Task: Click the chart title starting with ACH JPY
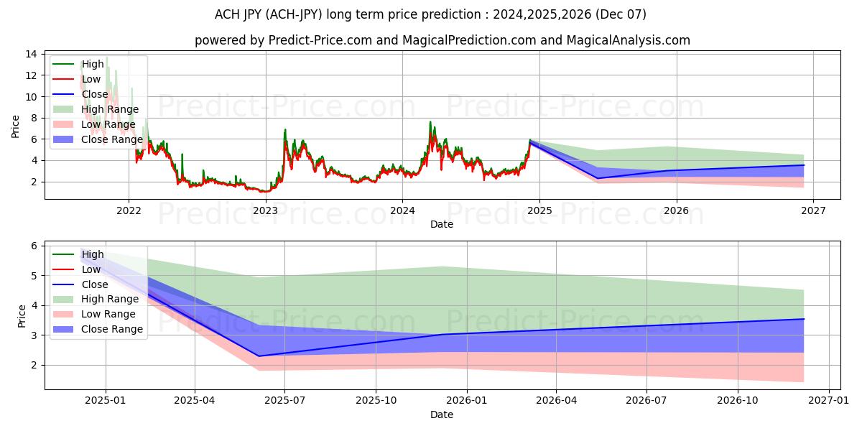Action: click(430, 14)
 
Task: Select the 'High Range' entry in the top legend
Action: click(107, 109)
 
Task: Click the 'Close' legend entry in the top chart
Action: click(94, 94)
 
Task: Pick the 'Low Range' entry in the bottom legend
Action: click(108, 314)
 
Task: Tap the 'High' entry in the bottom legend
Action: click(93, 254)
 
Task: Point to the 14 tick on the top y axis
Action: click(32, 54)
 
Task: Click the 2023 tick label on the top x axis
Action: click(266, 210)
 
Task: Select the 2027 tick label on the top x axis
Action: click(813, 210)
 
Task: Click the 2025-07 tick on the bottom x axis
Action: click(285, 401)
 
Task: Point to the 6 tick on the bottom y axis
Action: click(32, 246)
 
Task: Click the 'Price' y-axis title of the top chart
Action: click(16, 126)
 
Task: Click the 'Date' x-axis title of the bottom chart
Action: click(442, 414)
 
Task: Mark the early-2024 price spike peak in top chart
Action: click(430, 121)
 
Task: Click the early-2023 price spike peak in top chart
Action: click(285, 129)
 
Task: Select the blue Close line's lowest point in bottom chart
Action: click(259, 356)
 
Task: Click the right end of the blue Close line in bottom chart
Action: click(804, 319)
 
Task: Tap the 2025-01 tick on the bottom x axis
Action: click(106, 401)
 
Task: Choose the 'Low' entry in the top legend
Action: click(91, 79)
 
